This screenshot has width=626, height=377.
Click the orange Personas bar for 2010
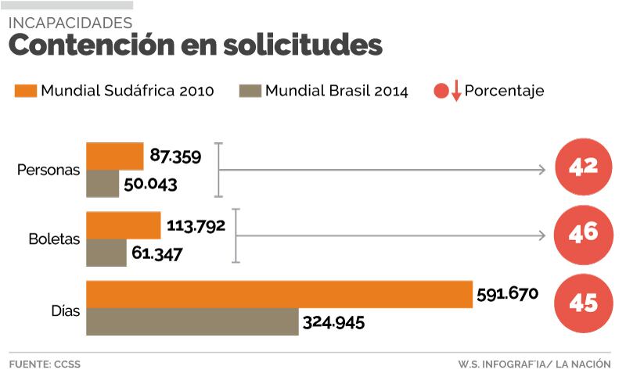point(114,156)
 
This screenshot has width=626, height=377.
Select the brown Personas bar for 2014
point(103,183)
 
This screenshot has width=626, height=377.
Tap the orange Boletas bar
point(123,225)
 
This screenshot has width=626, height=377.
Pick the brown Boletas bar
point(106,252)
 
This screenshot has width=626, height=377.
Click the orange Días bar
point(279,293)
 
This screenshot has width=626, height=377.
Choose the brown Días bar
point(192,321)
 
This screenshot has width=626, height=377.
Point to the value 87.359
point(175,156)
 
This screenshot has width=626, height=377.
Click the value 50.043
point(151,185)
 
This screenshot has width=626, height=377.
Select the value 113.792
point(196,226)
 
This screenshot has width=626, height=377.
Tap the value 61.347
point(158,254)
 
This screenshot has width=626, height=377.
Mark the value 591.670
point(507,294)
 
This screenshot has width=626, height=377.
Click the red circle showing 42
point(584,167)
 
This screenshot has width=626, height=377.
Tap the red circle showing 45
point(584,303)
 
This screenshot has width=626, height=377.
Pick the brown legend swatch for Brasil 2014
point(249,91)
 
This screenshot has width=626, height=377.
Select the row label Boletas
point(54,240)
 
